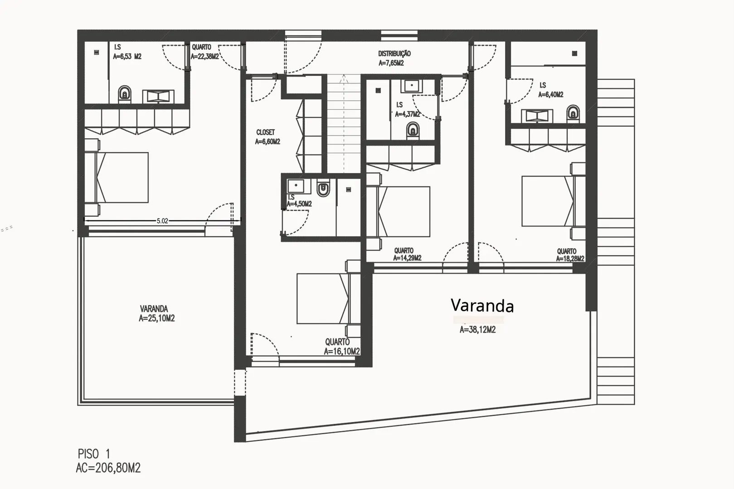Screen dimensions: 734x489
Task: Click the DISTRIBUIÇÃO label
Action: tap(394, 53)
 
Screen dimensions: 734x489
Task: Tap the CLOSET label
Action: tap(265, 132)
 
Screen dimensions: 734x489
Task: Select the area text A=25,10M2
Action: tap(156, 318)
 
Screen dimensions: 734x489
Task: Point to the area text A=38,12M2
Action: tap(477, 330)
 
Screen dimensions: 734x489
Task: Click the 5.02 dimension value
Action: tap(162, 221)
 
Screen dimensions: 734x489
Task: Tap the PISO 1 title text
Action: tap(94, 454)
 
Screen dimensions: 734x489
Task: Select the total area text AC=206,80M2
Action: tap(108, 468)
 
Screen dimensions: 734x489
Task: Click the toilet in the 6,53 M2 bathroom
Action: tap(125, 94)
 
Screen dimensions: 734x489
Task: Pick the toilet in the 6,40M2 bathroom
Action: tap(573, 112)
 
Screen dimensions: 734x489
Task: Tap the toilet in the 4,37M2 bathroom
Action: tap(413, 130)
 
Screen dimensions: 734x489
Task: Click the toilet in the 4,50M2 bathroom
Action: tap(323, 189)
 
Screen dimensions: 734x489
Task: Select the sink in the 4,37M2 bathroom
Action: tap(412, 86)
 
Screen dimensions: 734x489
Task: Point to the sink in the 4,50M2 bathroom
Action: tap(296, 186)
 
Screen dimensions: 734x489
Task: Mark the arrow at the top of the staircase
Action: tap(344, 78)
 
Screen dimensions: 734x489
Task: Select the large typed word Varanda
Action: tap(482, 305)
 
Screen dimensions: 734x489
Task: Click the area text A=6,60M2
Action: tap(267, 142)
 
